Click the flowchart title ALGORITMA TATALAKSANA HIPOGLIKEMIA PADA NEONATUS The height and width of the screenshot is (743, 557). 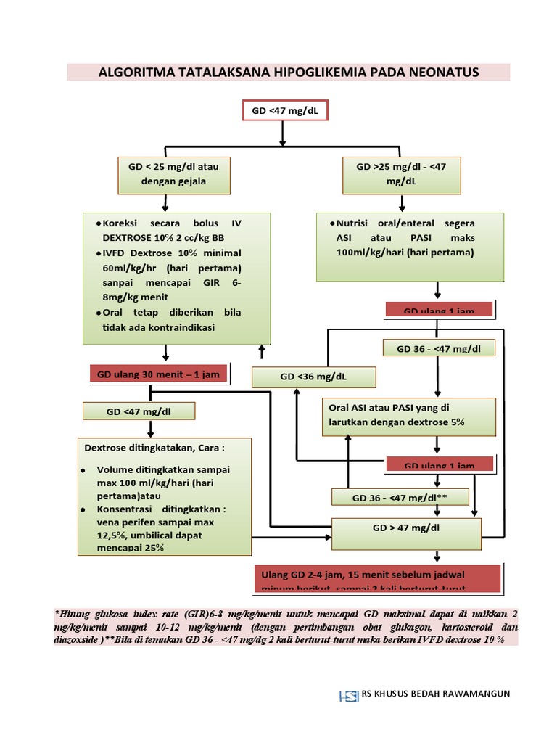(288, 73)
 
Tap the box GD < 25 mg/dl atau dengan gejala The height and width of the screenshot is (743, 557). (173, 174)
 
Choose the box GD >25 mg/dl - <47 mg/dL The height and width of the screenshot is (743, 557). (401, 174)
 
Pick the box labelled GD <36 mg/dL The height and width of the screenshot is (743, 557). (313, 377)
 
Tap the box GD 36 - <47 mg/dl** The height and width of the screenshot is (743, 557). (400, 498)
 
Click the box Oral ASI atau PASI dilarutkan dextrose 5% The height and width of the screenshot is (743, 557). (409, 415)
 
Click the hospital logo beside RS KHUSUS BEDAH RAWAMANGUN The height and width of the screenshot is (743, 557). (349, 695)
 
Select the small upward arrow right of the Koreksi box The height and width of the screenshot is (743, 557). (261, 351)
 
